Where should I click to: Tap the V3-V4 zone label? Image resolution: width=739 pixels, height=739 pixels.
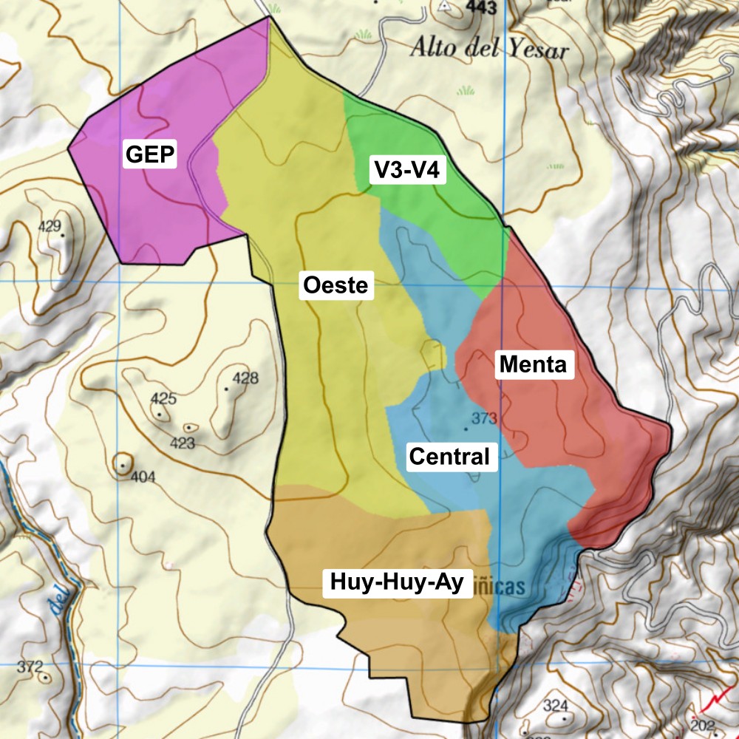pos(406,171)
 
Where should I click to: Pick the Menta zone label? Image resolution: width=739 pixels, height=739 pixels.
pos(533,364)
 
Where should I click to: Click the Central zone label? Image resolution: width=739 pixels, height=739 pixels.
pos(449,457)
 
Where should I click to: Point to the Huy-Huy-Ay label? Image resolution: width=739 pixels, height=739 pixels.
pos(397,583)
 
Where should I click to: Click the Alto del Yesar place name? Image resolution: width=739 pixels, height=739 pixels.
pos(489,50)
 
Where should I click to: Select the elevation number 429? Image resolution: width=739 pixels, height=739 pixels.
pos(50,226)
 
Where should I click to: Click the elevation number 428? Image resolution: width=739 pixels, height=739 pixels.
pos(245,379)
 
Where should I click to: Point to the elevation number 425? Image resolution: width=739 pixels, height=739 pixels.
pos(163,399)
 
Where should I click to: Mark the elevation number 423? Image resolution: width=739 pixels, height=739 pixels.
pos(183,443)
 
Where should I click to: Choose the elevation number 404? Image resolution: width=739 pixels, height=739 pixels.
pos(143,477)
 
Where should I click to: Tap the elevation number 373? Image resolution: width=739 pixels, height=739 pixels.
pos(484,419)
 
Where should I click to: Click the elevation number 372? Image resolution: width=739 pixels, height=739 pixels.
pos(30,667)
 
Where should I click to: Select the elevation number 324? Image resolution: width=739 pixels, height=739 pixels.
pos(556,705)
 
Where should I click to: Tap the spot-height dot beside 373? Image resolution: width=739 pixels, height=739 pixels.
pos(466,428)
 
